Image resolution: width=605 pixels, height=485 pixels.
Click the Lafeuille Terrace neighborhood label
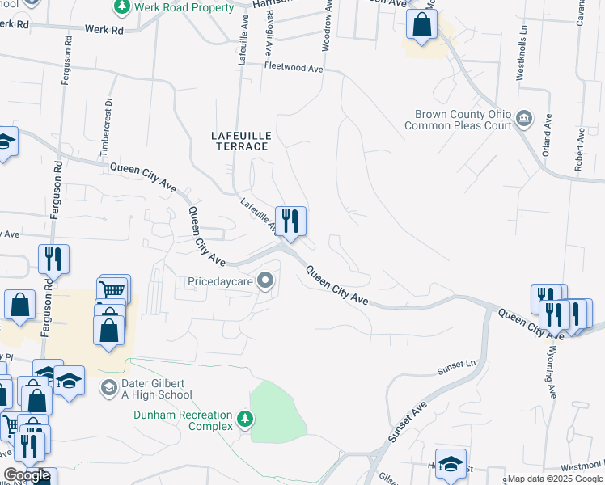coord(239,140)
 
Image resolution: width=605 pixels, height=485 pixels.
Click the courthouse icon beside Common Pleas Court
coord(524,120)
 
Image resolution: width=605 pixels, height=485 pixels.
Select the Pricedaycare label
coord(220,281)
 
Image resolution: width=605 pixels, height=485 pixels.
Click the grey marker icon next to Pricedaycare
coord(265,281)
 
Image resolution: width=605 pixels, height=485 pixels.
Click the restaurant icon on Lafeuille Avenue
coord(290,221)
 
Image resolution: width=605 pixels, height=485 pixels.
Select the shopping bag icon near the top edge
coord(421,24)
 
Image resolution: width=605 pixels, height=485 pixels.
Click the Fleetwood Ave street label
coord(293,69)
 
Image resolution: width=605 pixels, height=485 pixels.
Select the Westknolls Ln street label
coord(520,57)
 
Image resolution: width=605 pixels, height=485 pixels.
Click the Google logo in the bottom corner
coord(27,475)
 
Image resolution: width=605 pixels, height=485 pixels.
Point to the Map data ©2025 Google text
coord(555,479)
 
